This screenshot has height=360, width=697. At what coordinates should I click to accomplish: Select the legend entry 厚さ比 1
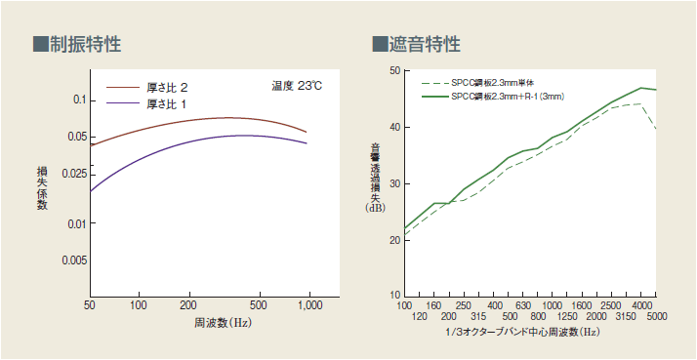166,102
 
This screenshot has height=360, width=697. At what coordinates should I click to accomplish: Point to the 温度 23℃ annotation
297,86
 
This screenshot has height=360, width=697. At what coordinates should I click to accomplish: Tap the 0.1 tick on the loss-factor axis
81,100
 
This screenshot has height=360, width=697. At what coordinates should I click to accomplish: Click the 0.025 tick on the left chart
75,173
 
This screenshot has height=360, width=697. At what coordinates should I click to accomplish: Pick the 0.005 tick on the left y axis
75,260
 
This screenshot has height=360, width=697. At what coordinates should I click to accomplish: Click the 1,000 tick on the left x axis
308,305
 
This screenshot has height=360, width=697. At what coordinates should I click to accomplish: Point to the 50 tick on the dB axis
394,70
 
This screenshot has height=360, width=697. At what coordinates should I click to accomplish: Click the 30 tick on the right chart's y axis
394,182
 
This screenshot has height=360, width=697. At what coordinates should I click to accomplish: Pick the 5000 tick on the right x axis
656,317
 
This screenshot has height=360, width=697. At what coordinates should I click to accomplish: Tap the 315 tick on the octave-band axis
478,317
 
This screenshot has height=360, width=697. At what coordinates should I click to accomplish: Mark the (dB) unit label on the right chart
375,208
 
